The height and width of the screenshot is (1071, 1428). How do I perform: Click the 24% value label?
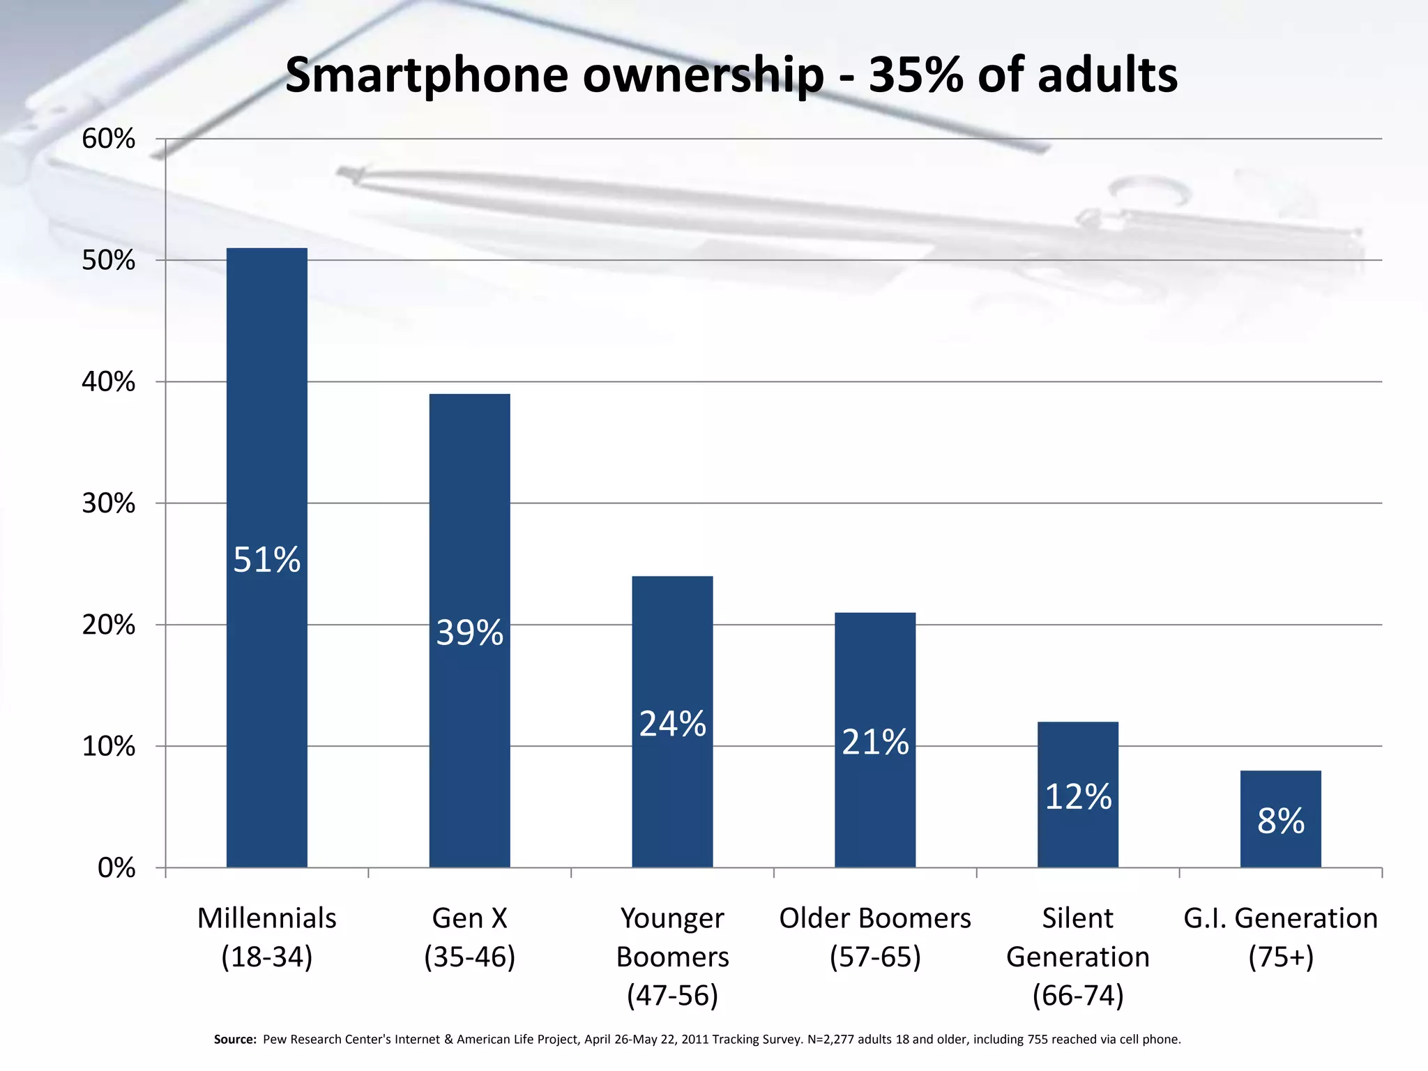(672, 724)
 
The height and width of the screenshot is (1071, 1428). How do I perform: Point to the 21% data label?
(875, 742)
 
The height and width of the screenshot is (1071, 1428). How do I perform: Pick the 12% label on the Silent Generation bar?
(1078, 797)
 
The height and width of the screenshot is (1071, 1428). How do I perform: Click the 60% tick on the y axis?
(109, 139)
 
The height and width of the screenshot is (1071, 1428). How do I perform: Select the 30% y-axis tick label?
(109, 503)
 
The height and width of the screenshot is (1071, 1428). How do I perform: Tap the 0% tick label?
(116, 868)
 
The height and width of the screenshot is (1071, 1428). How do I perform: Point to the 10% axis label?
(109, 747)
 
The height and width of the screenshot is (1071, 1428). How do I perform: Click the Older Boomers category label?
(875, 918)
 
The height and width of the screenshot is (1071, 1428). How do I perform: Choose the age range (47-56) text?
(672, 996)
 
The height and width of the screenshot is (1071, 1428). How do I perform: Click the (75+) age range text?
(1281, 957)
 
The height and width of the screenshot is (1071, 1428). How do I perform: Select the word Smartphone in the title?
(427, 75)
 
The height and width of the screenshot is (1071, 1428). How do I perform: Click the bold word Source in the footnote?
(235, 1040)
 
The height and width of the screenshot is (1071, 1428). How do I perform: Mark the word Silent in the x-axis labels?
(1077, 918)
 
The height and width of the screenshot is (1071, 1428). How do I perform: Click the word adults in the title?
(1107, 75)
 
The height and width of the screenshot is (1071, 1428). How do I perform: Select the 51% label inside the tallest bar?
(266, 560)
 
